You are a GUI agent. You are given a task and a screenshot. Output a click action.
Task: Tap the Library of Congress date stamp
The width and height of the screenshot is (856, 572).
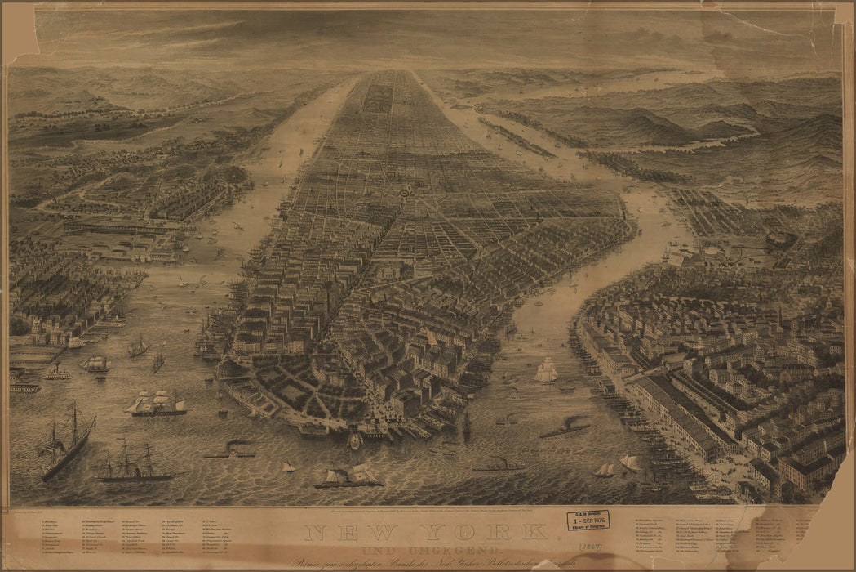click(588, 521)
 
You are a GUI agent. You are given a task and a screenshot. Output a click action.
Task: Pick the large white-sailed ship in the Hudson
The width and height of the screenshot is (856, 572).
click(156, 403)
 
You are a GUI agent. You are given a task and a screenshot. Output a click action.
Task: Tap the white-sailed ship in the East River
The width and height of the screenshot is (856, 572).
click(546, 371)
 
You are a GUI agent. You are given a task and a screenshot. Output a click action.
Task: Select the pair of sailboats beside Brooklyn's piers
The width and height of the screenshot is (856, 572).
click(617, 467)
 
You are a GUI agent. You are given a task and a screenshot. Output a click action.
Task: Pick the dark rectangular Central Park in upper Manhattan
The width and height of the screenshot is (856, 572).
click(378, 96)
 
